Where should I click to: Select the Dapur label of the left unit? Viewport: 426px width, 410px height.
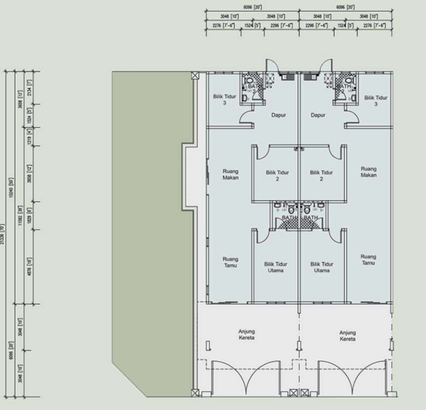pos(280,115)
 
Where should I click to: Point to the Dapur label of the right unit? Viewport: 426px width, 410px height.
pos(318,115)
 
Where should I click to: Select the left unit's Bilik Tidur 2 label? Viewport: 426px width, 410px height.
pos(276,175)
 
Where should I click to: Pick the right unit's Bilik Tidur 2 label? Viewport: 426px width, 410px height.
pos(321,175)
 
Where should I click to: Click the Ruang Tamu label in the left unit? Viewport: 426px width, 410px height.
pos(229,262)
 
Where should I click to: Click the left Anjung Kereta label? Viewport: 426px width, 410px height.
pos(249,336)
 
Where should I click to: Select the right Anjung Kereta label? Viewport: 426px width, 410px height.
pos(347,336)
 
